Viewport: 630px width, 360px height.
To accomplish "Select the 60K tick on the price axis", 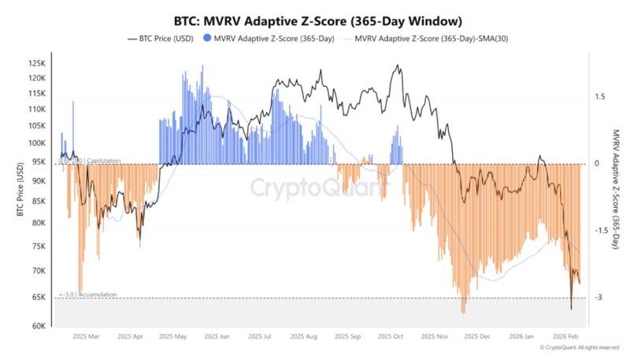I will [x=36, y=325].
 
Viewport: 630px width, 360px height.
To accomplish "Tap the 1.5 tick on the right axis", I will [x=600, y=97].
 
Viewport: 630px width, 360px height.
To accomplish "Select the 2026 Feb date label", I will [x=565, y=336].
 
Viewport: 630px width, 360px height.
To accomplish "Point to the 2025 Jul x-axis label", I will [x=262, y=336].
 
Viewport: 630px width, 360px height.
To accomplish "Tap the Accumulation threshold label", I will [x=87, y=295].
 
